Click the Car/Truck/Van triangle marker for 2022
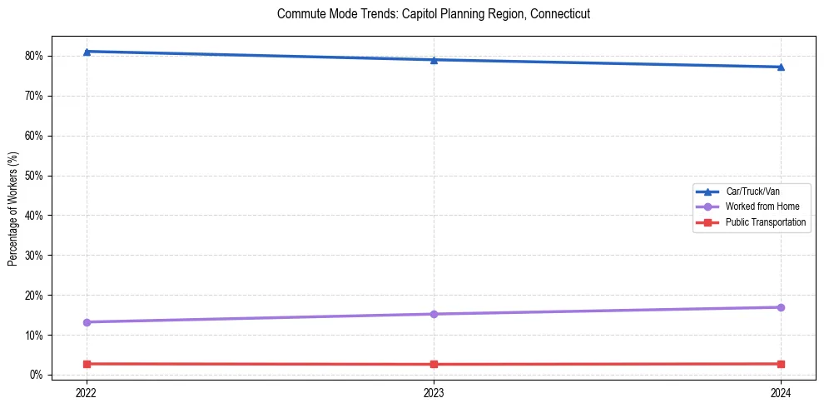click(x=87, y=52)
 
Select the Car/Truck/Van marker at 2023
click(x=434, y=60)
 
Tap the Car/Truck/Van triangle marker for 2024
click(x=781, y=67)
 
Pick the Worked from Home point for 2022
click(x=87, y=322)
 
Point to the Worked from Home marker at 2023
click(x=434, y=314)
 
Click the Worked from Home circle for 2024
click(x=781, y=307)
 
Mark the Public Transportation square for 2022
click(x=87, y=364)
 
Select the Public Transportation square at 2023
click(x=434, y=364)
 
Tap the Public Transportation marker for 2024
click(x=781, y=364)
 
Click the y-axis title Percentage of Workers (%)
click(x=12, y=208)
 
